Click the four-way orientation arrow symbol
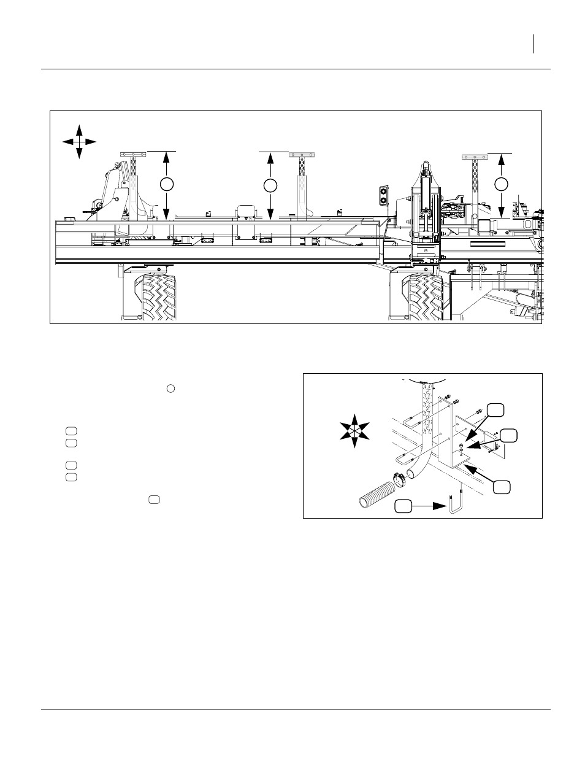point(79,141)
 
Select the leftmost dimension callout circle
point(166,184)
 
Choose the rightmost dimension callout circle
point(502,184)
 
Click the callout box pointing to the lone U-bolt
point(403,506)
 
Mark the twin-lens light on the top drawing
point(384,195)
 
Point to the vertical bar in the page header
point(534,44)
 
